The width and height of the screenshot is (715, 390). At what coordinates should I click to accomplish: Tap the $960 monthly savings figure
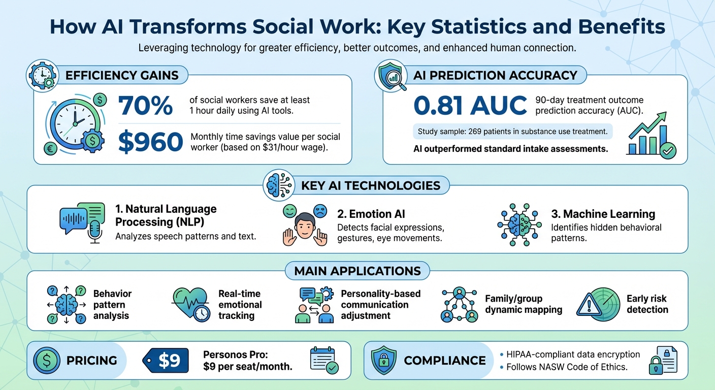pos(150,142)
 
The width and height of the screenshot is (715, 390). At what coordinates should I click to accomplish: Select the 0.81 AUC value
pos(470,106)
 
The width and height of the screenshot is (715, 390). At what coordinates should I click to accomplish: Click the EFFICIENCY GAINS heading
pos(122,76)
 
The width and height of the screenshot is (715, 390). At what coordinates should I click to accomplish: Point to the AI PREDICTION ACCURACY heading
pos(495,76)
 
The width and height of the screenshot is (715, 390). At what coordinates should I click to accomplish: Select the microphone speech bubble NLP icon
pos(82,219)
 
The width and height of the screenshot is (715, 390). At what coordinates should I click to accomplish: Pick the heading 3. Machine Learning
pos(603,214)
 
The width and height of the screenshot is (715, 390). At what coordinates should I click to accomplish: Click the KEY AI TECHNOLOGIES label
pos(371,185)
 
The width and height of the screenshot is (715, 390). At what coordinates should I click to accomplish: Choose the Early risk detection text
pos(647,304)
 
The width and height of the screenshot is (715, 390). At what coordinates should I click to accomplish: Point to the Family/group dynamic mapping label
pos(523,304)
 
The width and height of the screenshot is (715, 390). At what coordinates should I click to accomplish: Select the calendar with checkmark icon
pos(324,361)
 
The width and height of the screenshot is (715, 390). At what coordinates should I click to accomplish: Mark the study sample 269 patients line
pos(512,132)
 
